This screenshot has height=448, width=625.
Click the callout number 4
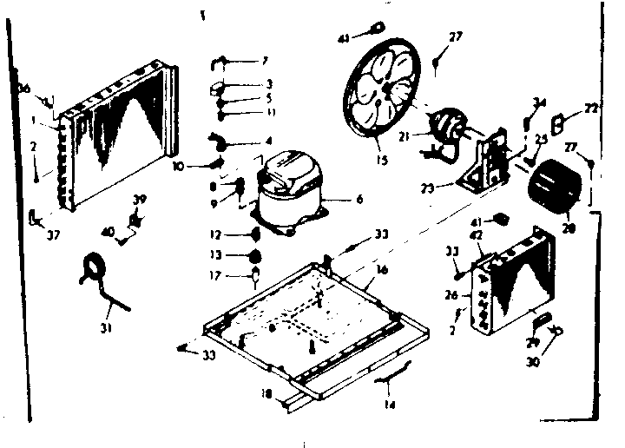coord(267,141)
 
